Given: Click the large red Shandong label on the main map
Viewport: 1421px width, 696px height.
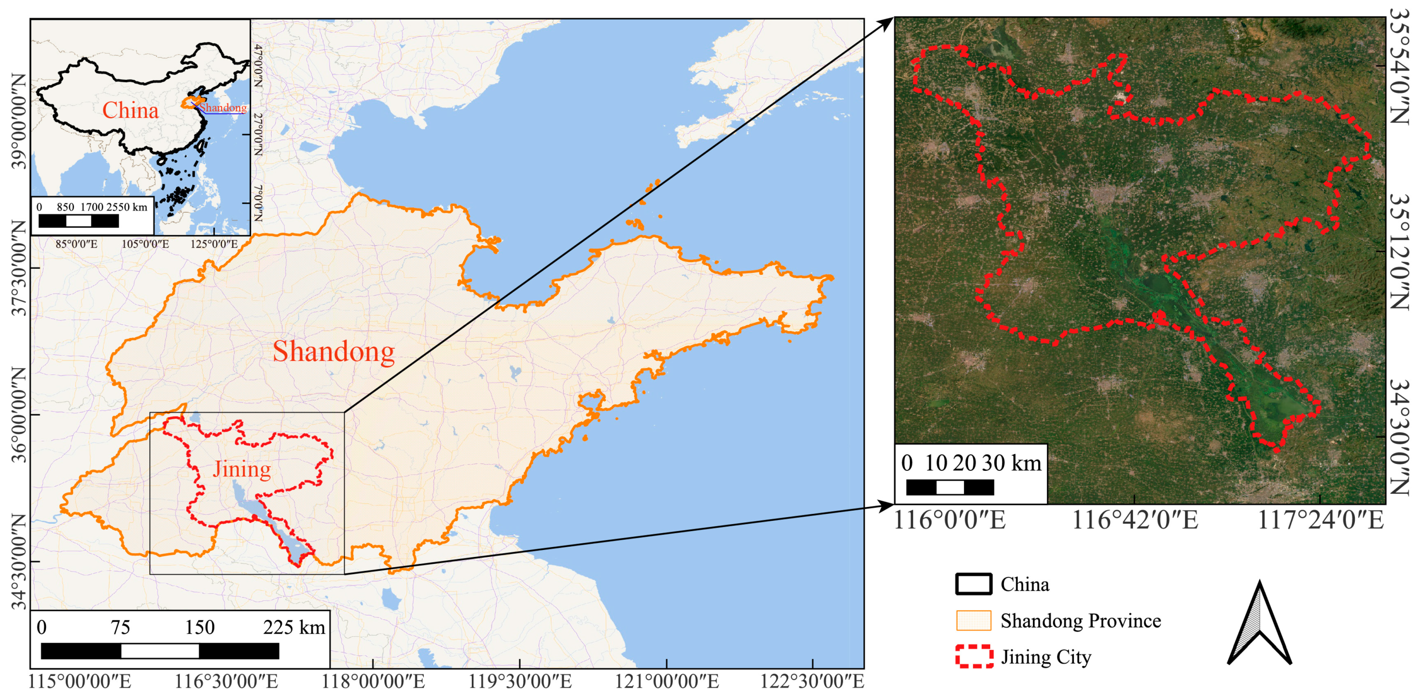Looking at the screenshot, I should pyautogui.click(x=334, y=352).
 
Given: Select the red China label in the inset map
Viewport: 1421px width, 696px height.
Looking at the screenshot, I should pyautogui.click(x=130, y=110).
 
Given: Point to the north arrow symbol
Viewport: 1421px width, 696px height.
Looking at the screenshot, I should pyautogui.click(x=1259, y=624).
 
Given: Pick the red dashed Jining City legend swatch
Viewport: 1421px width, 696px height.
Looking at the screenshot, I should pyautogui.click(x=974, y=656).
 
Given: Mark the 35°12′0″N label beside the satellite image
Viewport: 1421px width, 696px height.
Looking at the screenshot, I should pyautogui.click(x=1399, y=252).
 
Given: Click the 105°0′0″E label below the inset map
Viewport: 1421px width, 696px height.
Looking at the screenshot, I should pyautogui.click(x=145, y=244).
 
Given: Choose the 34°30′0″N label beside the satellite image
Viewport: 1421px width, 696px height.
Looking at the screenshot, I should pyautogui.click(x=1399, y=437).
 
